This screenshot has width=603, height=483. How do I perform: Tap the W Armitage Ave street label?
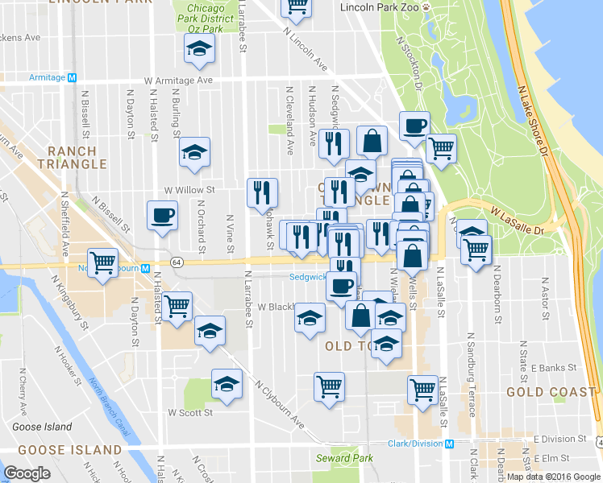click(178, 80)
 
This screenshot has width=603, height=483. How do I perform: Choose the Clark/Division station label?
click(417, 444)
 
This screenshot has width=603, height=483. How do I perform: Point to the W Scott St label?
click(190, 412)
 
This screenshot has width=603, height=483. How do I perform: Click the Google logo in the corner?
click(27, 473)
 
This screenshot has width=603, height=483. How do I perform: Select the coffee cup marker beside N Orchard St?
click(162, 216)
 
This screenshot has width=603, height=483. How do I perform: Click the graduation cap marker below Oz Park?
click(197, 49)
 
